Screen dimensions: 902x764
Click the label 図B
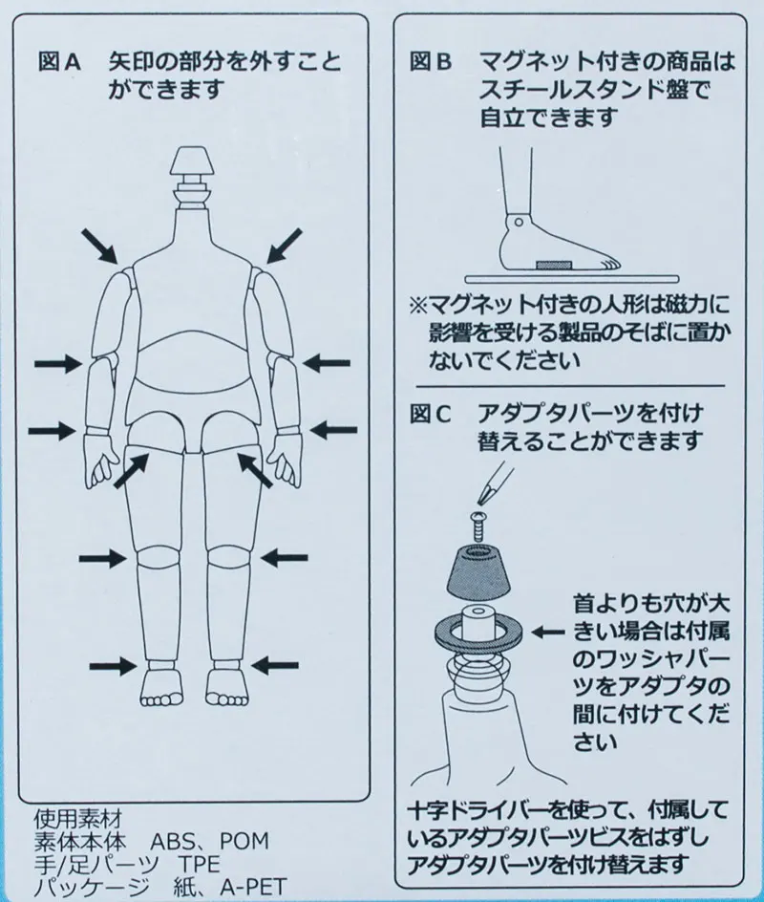pyautogui.click(x=430, y=64)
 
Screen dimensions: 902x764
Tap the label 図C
pyautogui.click(x=430, y=417)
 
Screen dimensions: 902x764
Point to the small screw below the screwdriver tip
pyautogui.click(x=479, y=520)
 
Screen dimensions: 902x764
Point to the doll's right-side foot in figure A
pyautogui.click(x=225, y=685)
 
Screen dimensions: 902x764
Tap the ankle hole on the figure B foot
pyautogui.click(x=517, y=222)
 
